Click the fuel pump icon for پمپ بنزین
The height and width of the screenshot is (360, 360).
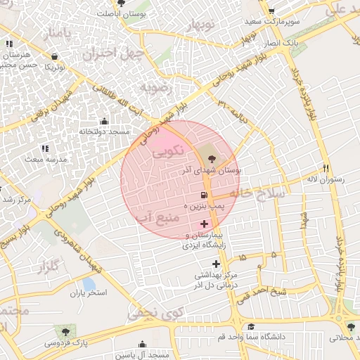204,195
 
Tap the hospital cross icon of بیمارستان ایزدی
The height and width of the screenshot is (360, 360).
204,223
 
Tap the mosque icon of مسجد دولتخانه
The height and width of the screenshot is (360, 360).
105,121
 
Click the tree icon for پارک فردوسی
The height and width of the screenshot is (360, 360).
66,330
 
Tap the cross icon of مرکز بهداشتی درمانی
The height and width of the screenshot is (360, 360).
216,264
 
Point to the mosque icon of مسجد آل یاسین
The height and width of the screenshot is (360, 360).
143,345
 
